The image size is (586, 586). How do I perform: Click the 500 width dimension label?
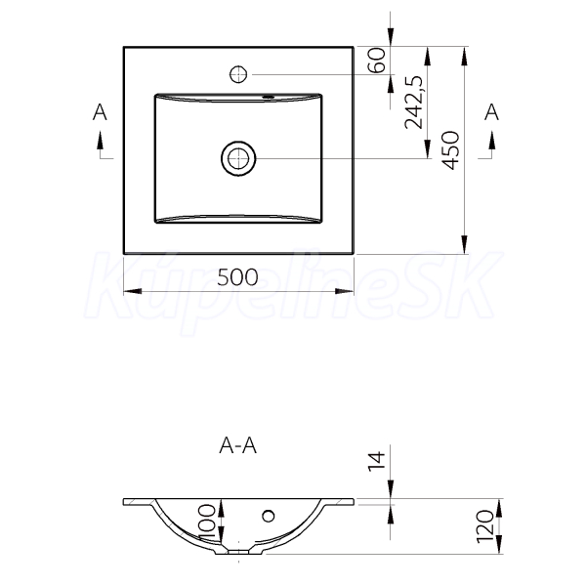(237, 277)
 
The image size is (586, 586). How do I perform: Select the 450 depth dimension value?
(450, 150)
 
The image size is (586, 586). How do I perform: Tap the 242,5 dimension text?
(414, 102)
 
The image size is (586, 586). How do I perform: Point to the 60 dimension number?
(376, 60)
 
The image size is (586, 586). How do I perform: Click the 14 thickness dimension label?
(377, 461)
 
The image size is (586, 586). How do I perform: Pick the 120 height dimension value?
(485, 526)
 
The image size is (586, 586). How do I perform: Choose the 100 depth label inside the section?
(207, 523)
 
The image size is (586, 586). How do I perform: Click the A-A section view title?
(238, 445)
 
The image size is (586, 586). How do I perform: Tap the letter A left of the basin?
(100, 112)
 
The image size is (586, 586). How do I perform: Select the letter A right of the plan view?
(491, 112)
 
